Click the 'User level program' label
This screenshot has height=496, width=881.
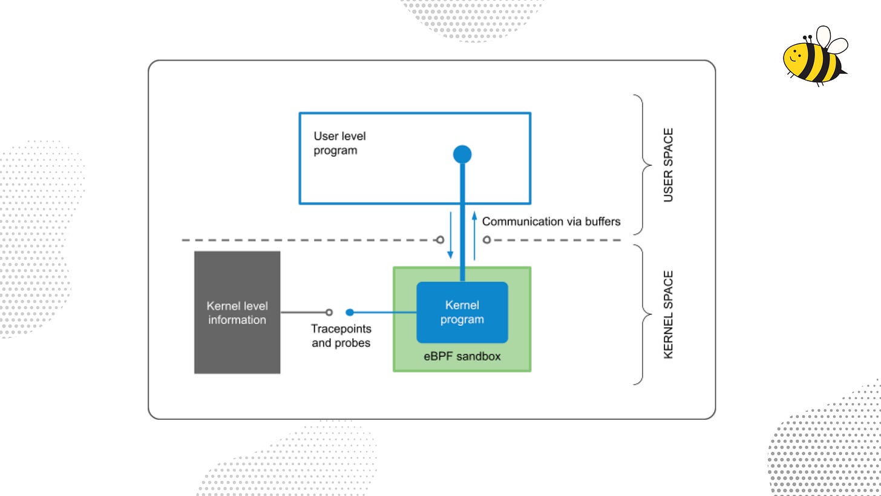coord(339,144)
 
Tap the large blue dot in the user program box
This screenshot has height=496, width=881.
coord(462,154)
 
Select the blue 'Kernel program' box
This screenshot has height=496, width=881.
coord(462,312)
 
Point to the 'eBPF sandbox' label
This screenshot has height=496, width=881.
coord(462,356)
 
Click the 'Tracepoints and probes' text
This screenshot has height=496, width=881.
coord(341,336)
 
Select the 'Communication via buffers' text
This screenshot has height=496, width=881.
coord(551,222)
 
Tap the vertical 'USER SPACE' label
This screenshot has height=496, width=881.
coord(668,165)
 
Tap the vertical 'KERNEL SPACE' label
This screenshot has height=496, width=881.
coord(668,314)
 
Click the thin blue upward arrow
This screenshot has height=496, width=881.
coord(474,236)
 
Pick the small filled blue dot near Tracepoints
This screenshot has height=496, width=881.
coord(350,312)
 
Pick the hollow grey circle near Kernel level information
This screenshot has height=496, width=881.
coord(329,312)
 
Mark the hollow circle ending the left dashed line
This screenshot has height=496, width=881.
coord(440,240)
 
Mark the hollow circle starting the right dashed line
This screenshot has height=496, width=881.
coord(486,240)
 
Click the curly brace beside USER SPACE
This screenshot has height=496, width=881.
coord(642,165)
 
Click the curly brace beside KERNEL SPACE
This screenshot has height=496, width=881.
coord(642,314)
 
